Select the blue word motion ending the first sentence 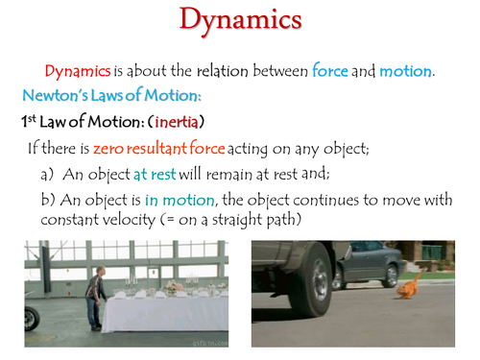[x=406, y=71]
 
